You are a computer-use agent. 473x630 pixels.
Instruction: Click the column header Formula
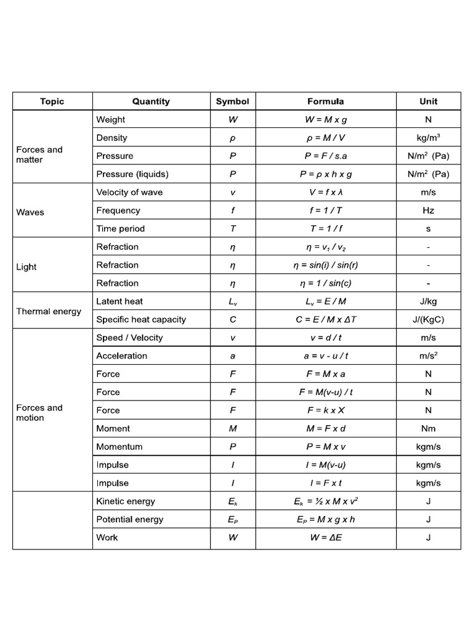pos(326,102)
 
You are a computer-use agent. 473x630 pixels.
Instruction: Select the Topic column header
pos(52,102)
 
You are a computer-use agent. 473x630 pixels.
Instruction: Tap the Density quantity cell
pos(111,138)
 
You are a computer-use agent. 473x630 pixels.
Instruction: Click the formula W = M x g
pos(326,120)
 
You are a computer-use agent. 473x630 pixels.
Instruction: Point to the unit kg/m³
pos(428,138)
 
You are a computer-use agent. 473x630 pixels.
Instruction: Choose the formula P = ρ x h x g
pos(326,174)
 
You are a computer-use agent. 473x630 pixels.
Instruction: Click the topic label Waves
pos(30,212)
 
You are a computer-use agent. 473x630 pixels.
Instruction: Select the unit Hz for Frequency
pos(428,210)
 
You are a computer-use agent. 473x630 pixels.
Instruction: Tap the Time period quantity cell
pos(120,229)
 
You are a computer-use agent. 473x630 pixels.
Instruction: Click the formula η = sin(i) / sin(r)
pos(326,265)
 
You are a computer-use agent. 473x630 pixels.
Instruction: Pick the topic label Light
pos(26,267)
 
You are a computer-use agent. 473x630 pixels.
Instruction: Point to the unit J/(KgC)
pos(428,320)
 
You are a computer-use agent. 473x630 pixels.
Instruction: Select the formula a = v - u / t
pos(326,356)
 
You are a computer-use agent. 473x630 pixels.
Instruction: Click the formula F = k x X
pos(326,410)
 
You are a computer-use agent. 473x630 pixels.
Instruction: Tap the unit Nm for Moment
pos(428,429)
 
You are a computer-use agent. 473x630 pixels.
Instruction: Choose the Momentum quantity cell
pos(119,447)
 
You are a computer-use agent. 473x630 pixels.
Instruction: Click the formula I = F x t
pos(326,483)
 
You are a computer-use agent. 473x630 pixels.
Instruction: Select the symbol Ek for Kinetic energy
pos(232,501)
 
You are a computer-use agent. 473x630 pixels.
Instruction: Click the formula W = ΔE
pos(326,538)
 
